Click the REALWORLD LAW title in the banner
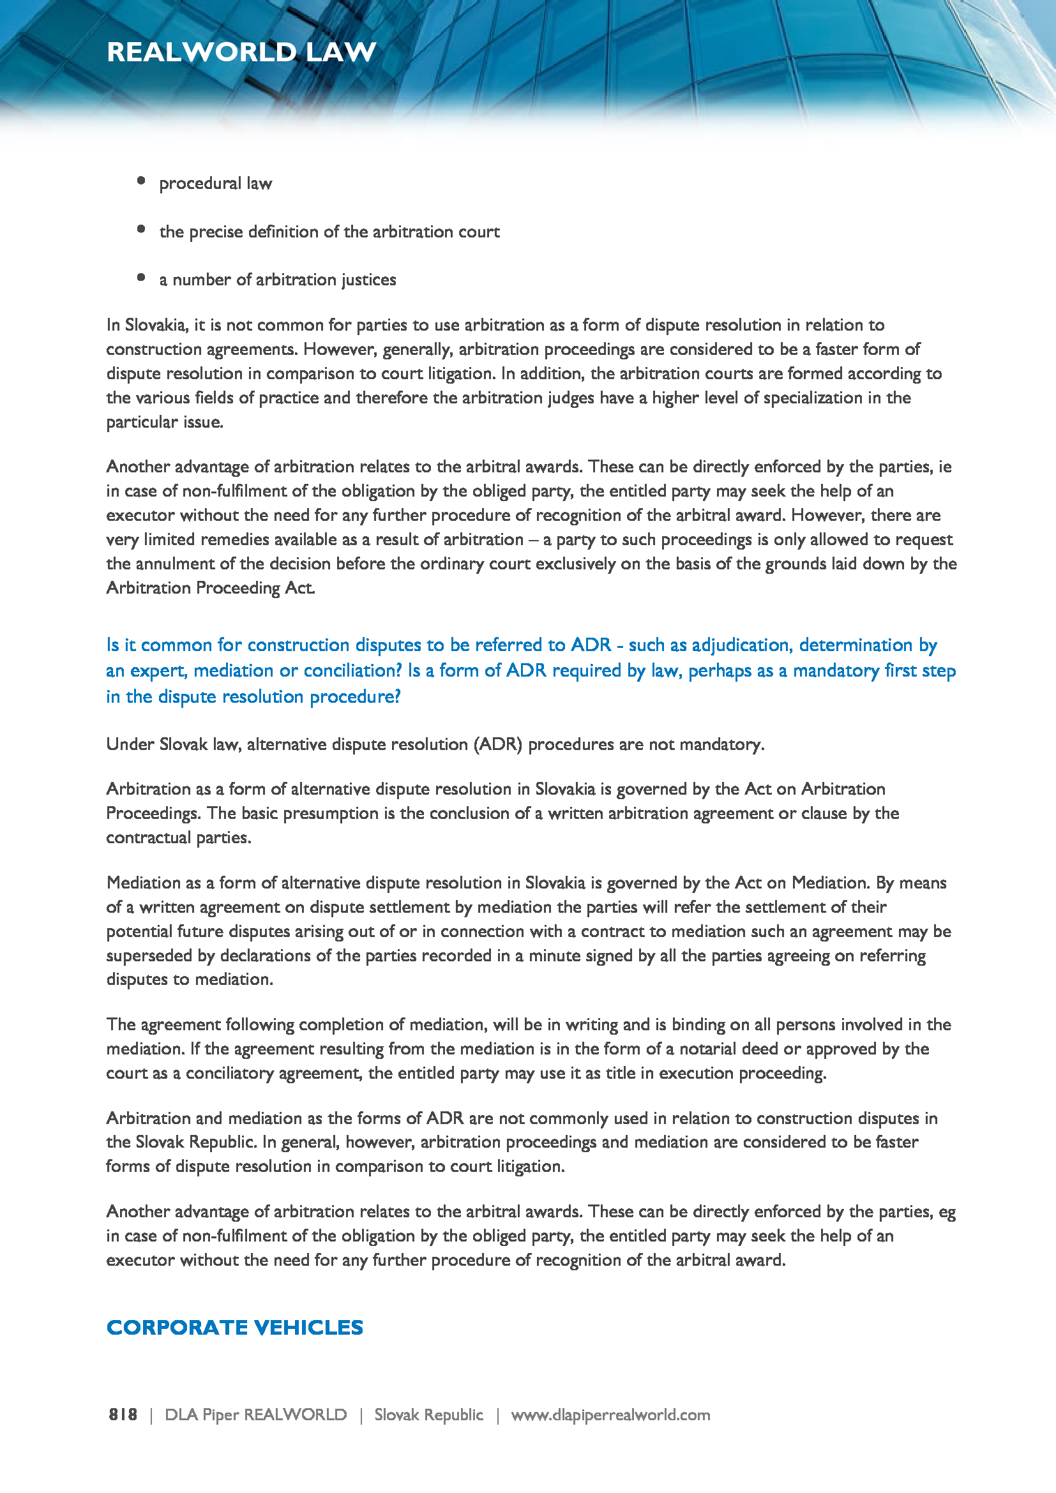(241, 52)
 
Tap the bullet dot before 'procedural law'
(141, 181)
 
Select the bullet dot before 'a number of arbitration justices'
(141, 277)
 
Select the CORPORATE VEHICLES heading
(235, 1327)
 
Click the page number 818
(123, 1415)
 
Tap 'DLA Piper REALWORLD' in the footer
(255, 1415)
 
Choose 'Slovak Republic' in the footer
(428, 1415)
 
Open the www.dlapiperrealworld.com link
(610, 1415)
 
